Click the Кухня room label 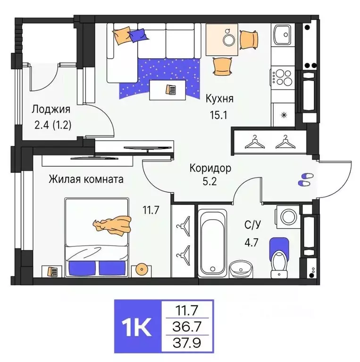coord(219,99)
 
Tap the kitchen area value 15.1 coord(219,115)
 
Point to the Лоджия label coord(51,110)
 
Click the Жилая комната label coord(86,179)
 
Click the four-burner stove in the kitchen coord(283,77)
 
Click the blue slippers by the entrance coord(305,178)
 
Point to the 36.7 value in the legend coord(187,326)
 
